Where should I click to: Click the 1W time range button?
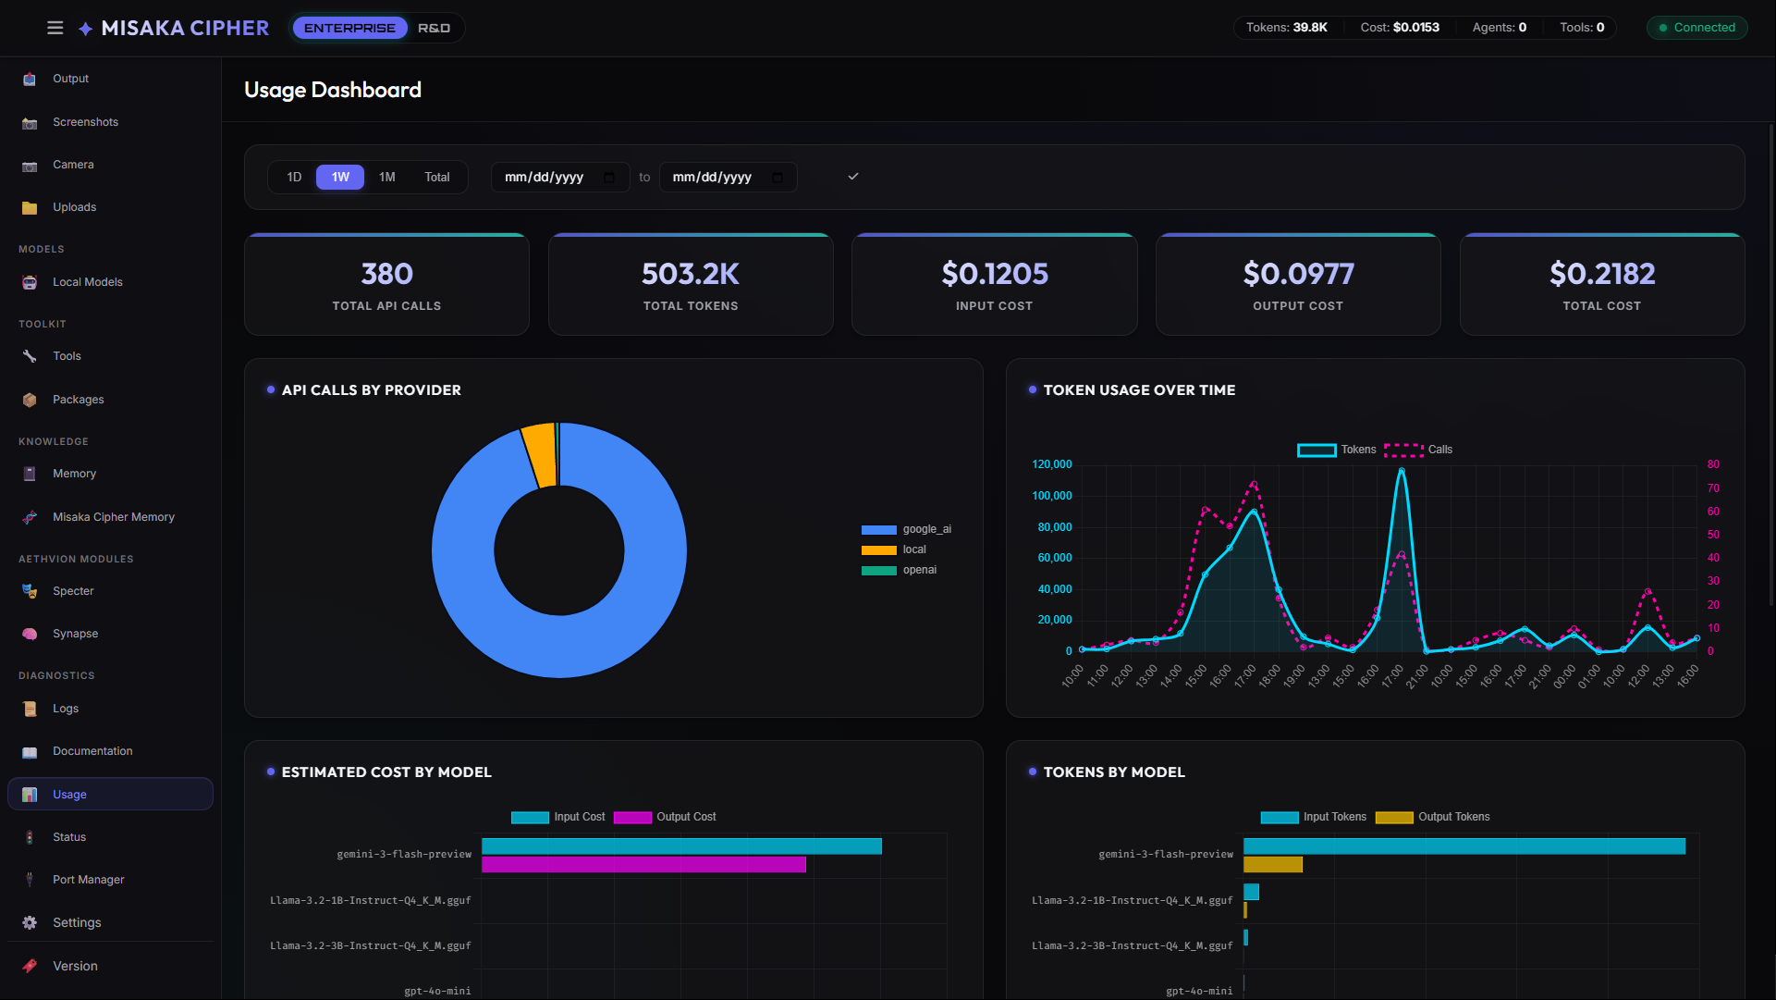[340, 177]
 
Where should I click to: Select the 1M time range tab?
[386, 177]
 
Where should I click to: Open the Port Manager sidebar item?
[88, 880]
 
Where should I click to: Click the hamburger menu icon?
[55, 28]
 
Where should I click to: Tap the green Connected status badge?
[1696, 28]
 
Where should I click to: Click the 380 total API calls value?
[386, 274]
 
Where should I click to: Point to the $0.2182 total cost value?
[1601, 274]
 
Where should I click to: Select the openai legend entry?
[919, 570]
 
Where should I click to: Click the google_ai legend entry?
[926, 529]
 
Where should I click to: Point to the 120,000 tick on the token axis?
[1051, 464]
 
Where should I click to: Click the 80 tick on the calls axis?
[1713, 464]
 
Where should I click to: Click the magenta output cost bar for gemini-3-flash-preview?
[643, 865]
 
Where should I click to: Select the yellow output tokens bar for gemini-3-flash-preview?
[1272, 865]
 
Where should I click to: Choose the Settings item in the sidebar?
[77, 923]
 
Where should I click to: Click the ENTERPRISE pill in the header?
[349, 28]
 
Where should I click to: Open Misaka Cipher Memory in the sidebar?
[113, 517]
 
